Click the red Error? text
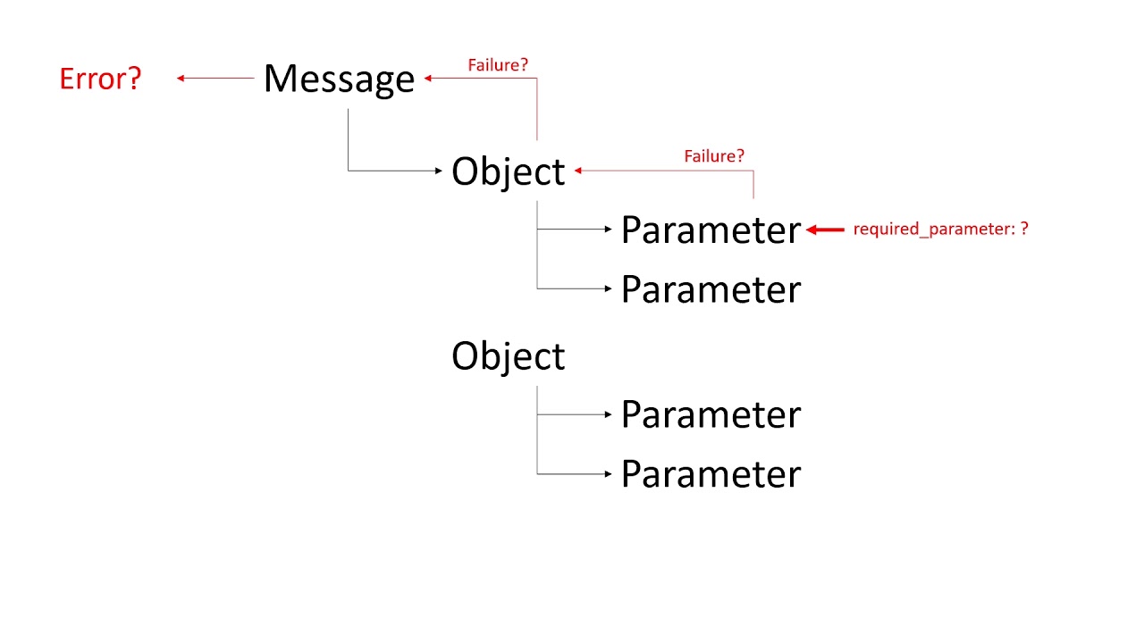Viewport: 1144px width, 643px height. tap(100, 79)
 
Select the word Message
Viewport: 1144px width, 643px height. tap(339, 79)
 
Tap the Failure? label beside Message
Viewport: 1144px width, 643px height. tap(498, 65)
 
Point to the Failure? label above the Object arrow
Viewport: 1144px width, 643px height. tap(714, 156)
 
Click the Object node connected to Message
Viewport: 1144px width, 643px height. tap(508, 171)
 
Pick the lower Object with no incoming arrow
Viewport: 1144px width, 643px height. tap(508, 355)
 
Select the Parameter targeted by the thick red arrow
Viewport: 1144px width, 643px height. tap(711, 230)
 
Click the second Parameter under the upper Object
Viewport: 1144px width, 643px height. tap(711, 289)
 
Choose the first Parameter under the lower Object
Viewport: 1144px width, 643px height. tap(711, 414)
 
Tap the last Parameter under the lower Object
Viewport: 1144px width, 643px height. tap(711, 473)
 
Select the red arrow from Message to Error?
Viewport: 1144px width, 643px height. tap(215, 79)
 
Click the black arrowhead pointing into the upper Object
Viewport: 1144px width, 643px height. tap(439, 171)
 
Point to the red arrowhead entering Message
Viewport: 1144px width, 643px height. tap(428, 79)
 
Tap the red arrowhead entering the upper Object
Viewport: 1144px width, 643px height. tap(578, 170)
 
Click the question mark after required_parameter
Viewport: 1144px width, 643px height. tap(1024, 229)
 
